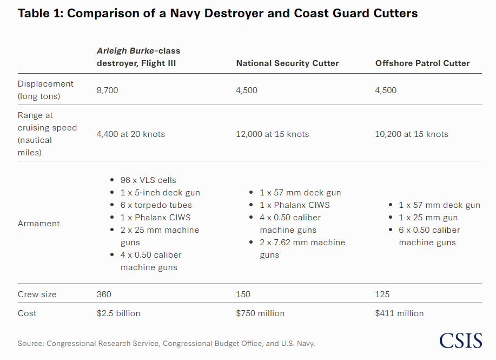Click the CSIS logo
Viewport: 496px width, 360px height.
460,340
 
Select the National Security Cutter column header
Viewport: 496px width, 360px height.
287,63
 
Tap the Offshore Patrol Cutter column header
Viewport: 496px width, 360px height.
422,63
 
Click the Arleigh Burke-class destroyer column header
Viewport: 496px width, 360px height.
138,57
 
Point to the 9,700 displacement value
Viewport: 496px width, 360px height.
107,90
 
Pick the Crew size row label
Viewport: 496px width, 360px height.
37,294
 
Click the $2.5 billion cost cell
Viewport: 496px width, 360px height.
118,313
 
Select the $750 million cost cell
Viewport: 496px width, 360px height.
260,313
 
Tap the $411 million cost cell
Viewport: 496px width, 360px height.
399,313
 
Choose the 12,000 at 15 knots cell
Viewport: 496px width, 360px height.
272,134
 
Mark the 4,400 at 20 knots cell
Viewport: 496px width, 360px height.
130,134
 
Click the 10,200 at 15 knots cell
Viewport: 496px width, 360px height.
412,134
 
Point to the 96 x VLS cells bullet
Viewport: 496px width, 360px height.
148,180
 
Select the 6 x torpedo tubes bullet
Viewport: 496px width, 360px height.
156,205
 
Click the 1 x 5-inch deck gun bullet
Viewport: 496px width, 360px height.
160,193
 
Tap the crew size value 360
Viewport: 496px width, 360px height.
104,294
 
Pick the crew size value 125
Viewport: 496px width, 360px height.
382,294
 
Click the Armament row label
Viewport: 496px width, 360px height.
39,224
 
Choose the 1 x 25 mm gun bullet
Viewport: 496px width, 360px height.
428,218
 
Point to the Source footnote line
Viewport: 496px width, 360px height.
166,343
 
